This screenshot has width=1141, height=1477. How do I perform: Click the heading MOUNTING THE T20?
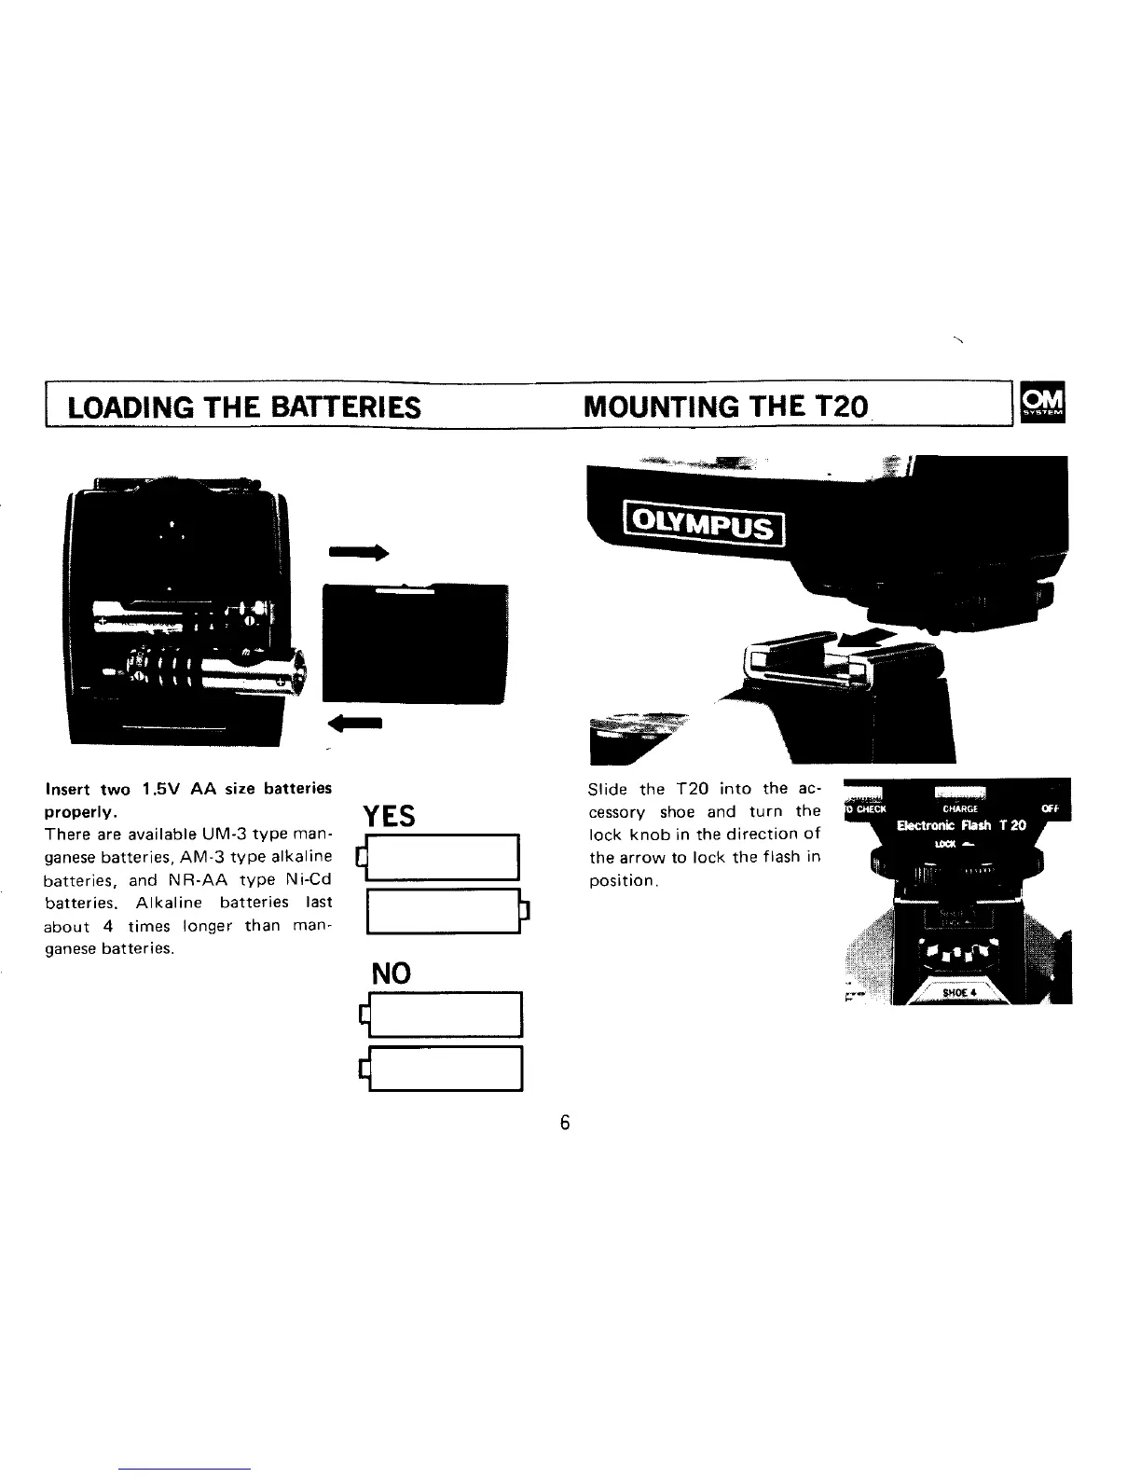[725, 407]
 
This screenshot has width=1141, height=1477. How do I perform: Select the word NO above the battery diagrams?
[392, 973]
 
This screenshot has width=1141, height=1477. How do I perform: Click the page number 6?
[564, 1122]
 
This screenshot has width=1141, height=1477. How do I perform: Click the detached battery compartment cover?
[414, 644]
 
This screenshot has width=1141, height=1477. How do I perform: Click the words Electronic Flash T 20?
[960, 825]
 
